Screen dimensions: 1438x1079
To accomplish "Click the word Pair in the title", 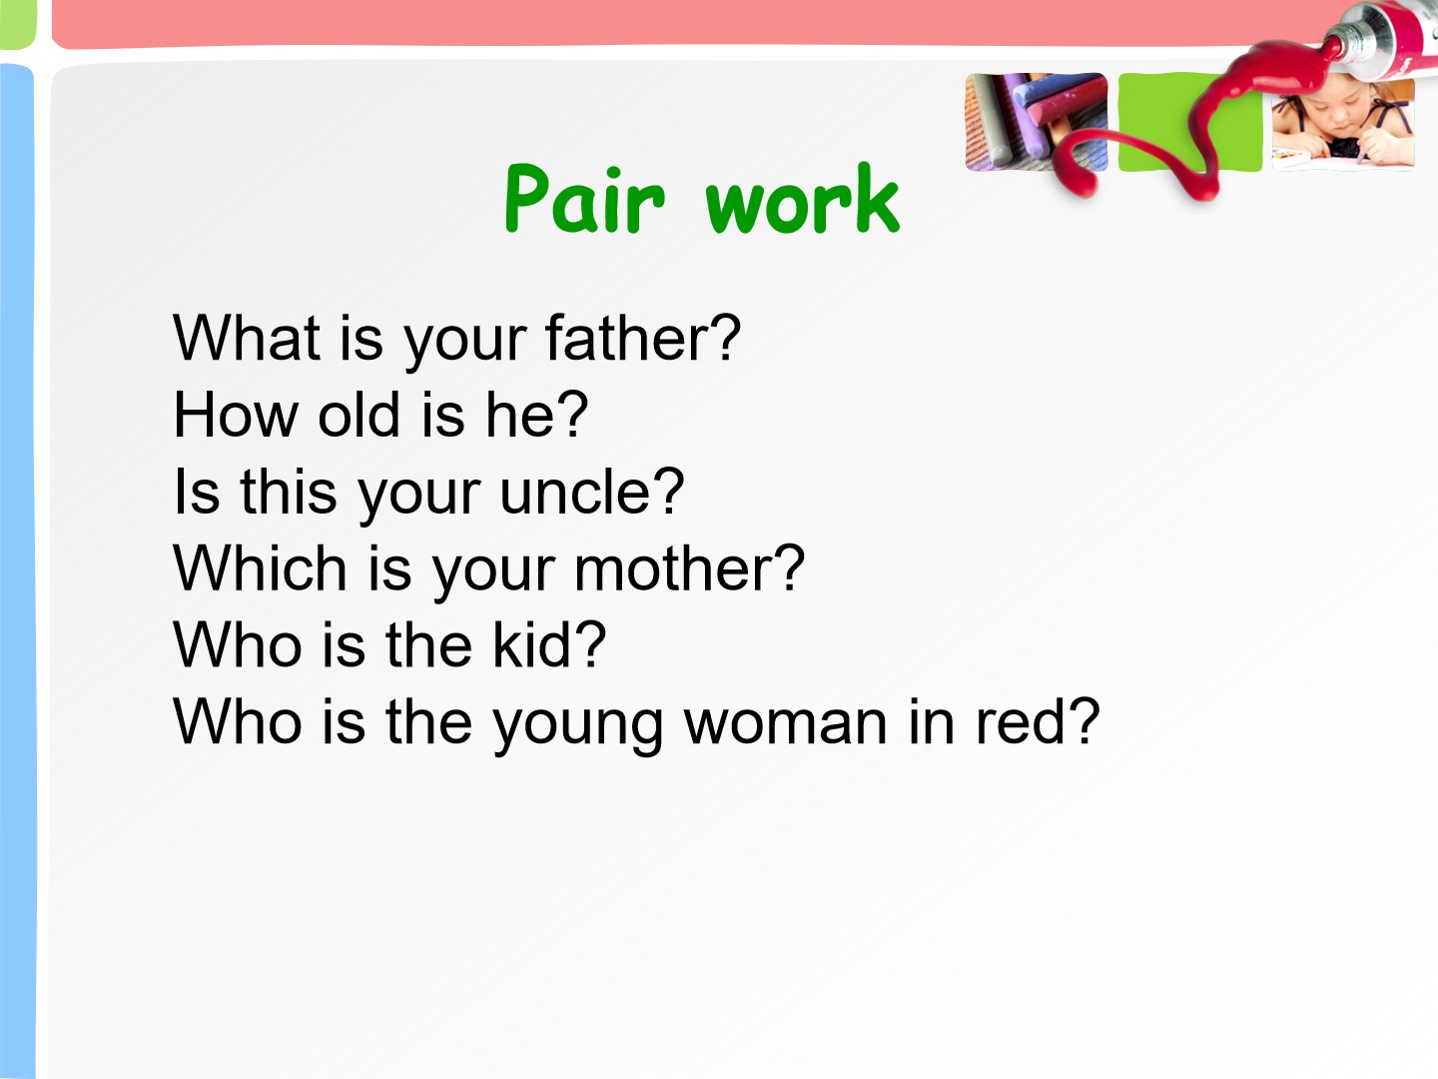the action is (584, 199).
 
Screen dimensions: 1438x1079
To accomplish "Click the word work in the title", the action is (803, 199).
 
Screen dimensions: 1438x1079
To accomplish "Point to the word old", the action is (359, 415).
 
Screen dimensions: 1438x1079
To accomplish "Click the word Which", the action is (260, 568).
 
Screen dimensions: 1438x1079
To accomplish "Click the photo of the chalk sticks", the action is (1037, 122).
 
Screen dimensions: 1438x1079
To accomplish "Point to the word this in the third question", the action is (289, 492).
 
